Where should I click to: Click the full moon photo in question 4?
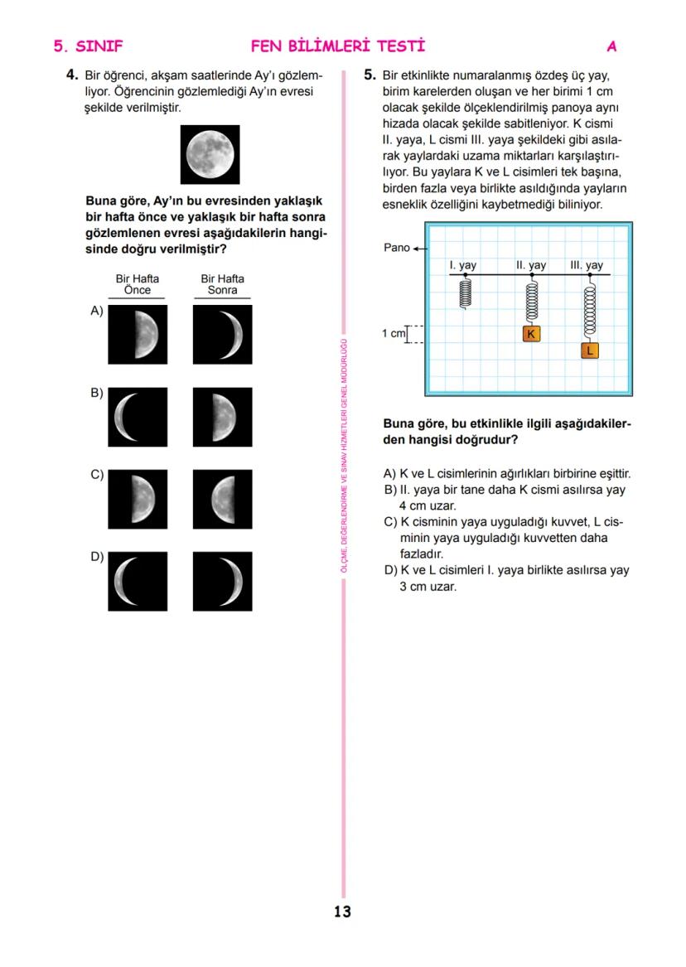coord(210,154)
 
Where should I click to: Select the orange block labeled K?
coord(531,334)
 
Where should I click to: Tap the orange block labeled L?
coord(589,351)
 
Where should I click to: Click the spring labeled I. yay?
coord(466,292)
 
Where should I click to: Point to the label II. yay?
coord(531,265)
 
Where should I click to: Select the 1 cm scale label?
coord(393,333)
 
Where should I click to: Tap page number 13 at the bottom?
coord(342,911)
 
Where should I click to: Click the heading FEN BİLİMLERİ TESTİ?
coord(337,46)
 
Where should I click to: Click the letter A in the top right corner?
coord(611,46)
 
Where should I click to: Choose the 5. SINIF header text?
coord(88,46)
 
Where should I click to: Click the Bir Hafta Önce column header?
coord(138,284)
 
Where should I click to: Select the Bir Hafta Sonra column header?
coord(222,284)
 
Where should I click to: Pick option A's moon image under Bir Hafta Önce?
coord(138,335)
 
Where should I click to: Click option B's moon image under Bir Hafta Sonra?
coord(222,417)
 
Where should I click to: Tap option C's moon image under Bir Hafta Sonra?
coord(222,499)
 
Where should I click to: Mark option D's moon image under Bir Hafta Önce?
coord(138,581)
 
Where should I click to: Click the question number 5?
coord(370,75)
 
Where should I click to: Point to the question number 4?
coord(72,75)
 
